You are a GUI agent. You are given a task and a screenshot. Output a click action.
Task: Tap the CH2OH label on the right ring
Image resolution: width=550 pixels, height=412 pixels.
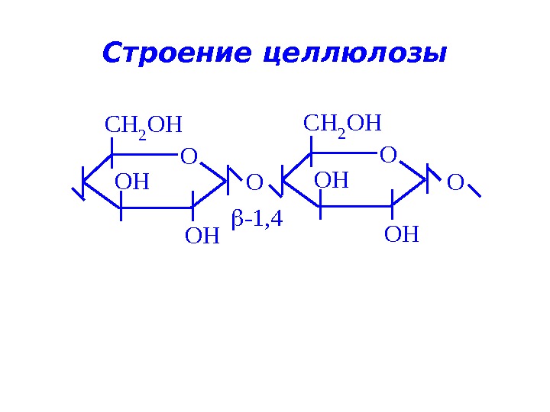342,124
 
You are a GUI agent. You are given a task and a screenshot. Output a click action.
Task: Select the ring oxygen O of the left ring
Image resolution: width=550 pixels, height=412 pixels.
189,157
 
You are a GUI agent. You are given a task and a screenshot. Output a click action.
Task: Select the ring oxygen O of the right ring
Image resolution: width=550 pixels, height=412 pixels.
388,156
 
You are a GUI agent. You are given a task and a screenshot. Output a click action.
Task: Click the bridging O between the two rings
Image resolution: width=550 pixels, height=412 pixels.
254,183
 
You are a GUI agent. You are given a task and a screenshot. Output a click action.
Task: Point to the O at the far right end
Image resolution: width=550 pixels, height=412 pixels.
455,183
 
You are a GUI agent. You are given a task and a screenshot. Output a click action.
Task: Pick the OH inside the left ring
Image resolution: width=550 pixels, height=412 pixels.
132,183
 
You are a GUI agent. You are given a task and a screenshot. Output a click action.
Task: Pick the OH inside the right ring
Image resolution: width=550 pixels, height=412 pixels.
332,181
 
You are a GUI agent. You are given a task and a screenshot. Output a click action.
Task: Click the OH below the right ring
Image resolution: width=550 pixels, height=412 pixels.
402,234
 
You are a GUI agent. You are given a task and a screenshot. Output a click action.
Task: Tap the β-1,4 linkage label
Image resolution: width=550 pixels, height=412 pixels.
257,220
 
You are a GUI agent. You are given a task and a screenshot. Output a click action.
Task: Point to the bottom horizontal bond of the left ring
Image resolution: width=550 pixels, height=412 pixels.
157,208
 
